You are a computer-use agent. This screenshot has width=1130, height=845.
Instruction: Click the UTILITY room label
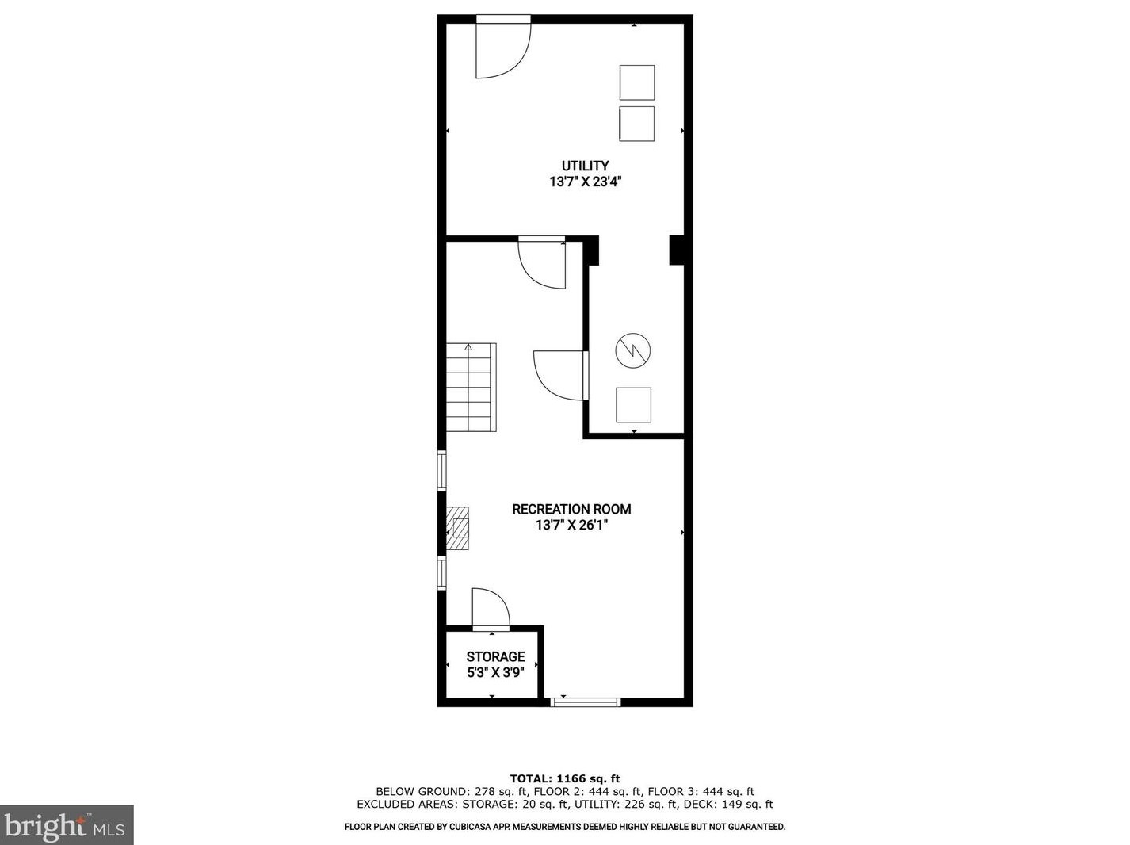pyautogui.click(x=585, y=166)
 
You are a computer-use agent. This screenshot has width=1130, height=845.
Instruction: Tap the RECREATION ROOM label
pyautogui.click(x=571, y=509)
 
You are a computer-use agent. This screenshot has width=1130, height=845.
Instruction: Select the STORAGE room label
pyautogui.click(x=495, y=656)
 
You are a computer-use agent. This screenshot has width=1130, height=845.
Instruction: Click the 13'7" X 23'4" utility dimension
pyautogui.click(x=585, y=182)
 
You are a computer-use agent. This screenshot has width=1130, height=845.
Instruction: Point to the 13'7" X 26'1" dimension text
pyautogui.click(x=571, y=525)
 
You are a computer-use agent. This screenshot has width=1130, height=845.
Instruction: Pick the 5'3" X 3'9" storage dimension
pyautogui.click(x=495, y=672)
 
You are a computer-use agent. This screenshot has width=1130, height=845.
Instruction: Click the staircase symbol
pyautogui.click(x=471, y=387)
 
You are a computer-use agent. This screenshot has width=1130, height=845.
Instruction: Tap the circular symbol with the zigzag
pyautogui.click(x=633, y=350)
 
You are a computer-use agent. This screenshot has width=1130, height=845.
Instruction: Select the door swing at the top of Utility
pyautogui.click(x=501, y=49)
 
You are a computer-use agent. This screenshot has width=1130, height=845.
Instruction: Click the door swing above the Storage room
pyautogui.click(x=489, y=609)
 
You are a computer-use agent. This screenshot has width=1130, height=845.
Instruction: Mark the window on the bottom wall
pyautogui.click(x=586, y=702)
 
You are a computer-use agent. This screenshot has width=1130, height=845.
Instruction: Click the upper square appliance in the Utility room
pyautogui.click(x=636, y=82)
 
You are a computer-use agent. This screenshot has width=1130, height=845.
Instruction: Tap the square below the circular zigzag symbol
pyautogui.click(x=634, y=405)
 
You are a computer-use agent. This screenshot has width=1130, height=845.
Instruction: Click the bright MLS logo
pyautogui.click(x=67, y=825)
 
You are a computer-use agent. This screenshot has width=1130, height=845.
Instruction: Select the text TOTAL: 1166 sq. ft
pyautogui.click(x=564, y=778)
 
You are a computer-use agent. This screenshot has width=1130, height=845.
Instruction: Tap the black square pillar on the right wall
pyautogui.click(x=677, y=250)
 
